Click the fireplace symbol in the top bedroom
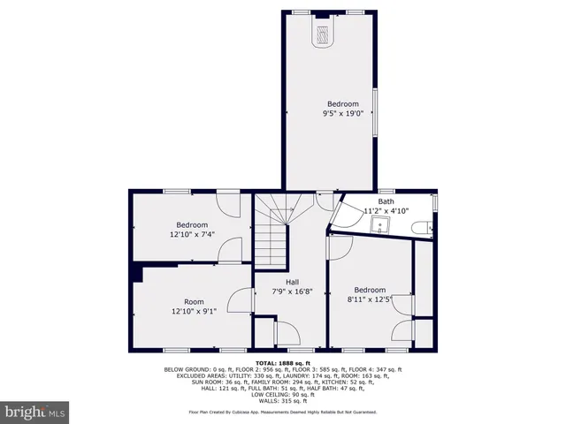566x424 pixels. [323, 34]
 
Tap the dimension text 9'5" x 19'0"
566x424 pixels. [343, 113]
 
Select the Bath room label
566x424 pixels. [386, 201]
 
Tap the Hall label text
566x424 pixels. [291, 282]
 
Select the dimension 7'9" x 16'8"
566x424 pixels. [291, 291]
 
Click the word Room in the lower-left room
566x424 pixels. [193, 301]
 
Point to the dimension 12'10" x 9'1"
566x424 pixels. [193, 311]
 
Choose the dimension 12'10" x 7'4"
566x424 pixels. [193, 234]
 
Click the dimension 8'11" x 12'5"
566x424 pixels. [370, 300]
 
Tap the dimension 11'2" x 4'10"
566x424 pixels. [386, 211]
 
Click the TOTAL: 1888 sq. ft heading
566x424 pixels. [283, 363]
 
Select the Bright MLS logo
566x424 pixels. [35, 412]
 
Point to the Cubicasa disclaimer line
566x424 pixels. [283, 412]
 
